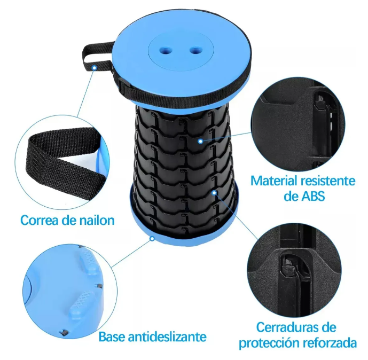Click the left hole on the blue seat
pyautogui.click(x=165, y=50)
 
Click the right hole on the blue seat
pyautogui.click(x=195, y=50)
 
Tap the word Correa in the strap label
pyautogui.click(x=39, y=221)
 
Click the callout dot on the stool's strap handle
pyautogui.click(x=94, y=68)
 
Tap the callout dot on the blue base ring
pyautogui.click(x=152, y=239)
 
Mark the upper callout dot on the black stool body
pyautogui.click(x=200, y=142)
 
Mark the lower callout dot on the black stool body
pyautogui.click(x=214, y=193)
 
